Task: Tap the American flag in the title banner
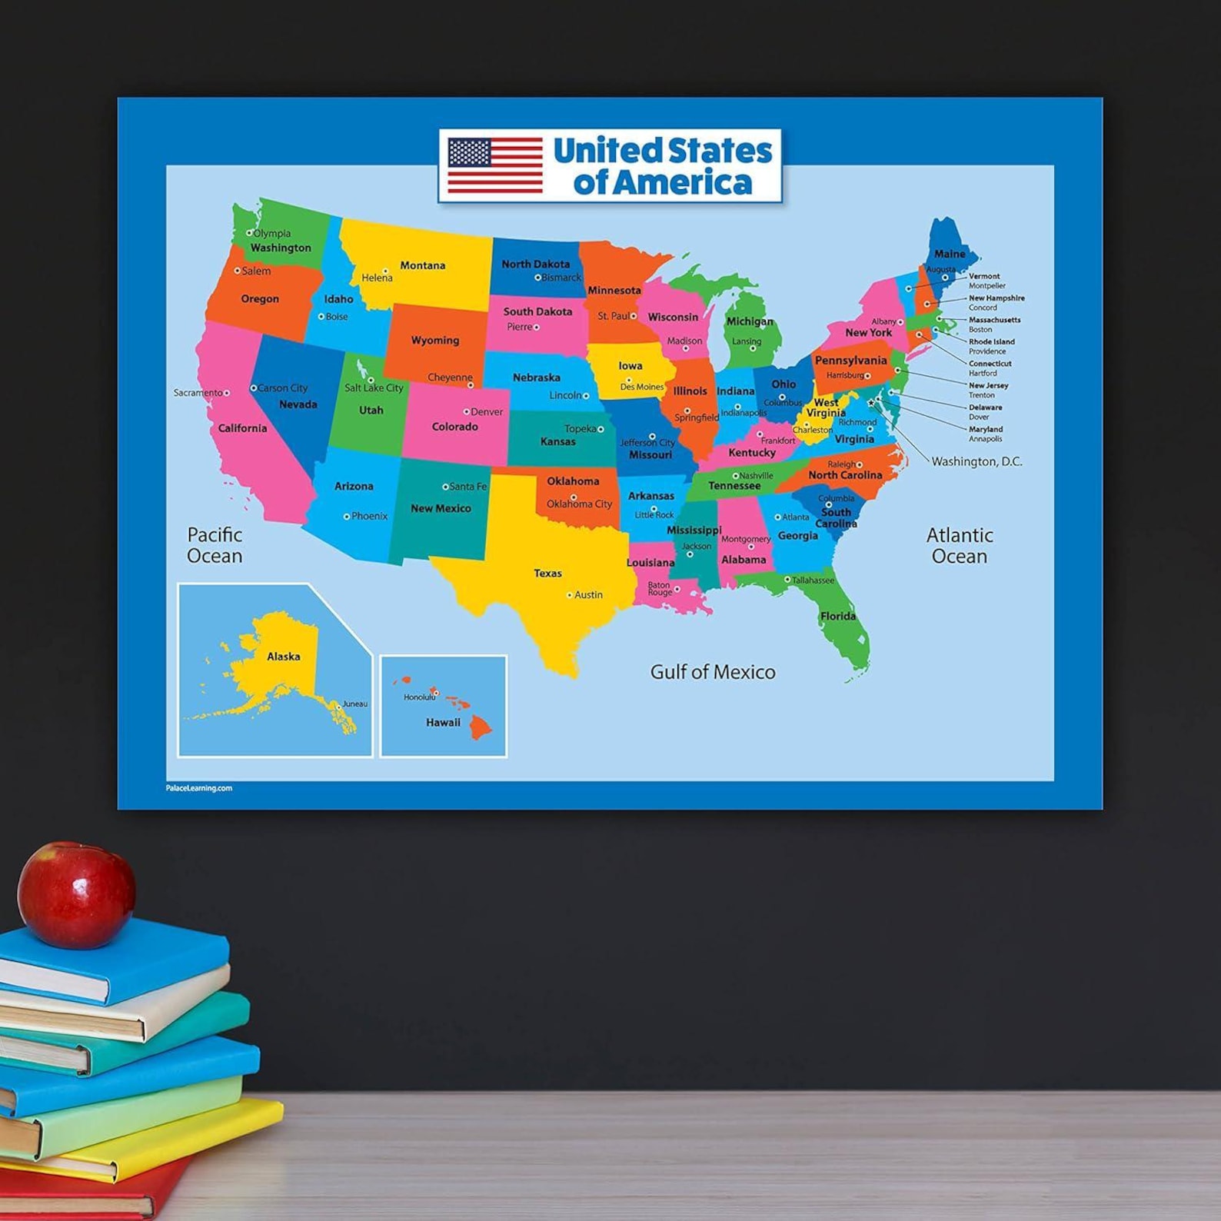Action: [494, 165]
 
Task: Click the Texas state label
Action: [547, 573]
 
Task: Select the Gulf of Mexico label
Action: [713, 672]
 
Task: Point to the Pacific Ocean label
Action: [215, 545]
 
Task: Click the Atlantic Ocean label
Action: [959, 545]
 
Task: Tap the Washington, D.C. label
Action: [976, 461]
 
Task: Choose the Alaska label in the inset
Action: [283, 657]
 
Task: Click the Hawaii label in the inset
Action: [443, 723]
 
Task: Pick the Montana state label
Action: [422, 265]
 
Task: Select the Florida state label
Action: [837, 616]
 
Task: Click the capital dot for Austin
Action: [570, 595]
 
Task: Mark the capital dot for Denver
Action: [466, 412]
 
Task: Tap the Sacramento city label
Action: [198, 393]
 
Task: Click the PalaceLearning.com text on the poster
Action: [198, 788]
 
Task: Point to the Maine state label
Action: [949, 254]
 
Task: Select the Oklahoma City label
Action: [579, 504]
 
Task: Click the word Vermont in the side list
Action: [984, 276]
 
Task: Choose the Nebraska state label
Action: [536, 378]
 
